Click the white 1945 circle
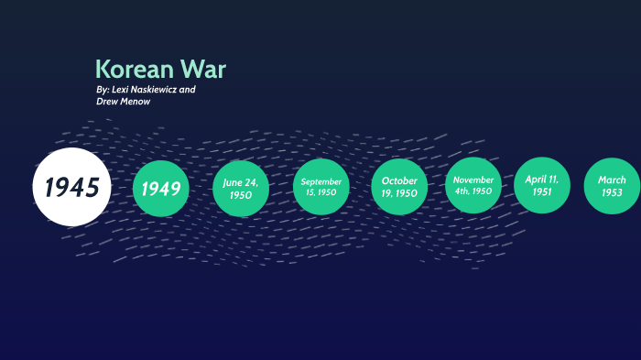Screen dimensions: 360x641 (x=71, y=187)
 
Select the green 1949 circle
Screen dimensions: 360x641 (x=161, y=189)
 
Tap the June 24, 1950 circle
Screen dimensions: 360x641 (x=241, y=188)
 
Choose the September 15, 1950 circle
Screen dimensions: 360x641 (x=320, y=187)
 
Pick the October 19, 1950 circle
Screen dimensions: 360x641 (x=399, y=187)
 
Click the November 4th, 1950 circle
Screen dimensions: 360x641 (x=473, y=186)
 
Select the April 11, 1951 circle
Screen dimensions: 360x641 (x=542, y=185)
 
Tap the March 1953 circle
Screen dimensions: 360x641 (x=612, y=186)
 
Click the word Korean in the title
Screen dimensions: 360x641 (x=134, y=70)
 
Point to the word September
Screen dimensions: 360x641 (x=320, y=181)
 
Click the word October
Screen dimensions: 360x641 (x=399, y=180)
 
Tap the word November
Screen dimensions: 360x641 (x=473, y=180)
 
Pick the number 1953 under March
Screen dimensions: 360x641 (x=612, y=193)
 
